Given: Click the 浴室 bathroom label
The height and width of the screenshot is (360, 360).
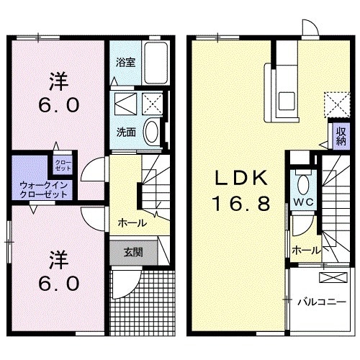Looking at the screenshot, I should click(x=126, y=62).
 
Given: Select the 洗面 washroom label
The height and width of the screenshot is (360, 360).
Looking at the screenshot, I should click(x=126, y=132).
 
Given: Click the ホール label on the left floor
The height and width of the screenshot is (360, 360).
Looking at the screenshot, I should click(x=132, y=222).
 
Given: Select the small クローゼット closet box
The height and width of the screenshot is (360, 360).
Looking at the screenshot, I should click(x=63, y=165).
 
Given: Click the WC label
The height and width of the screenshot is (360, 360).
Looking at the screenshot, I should click(x=301, y=202).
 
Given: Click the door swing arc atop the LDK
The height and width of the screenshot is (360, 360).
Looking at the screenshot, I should click(x=310, y=28).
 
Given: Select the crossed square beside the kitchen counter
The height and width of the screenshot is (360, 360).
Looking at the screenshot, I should click(x=333, y=102).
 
